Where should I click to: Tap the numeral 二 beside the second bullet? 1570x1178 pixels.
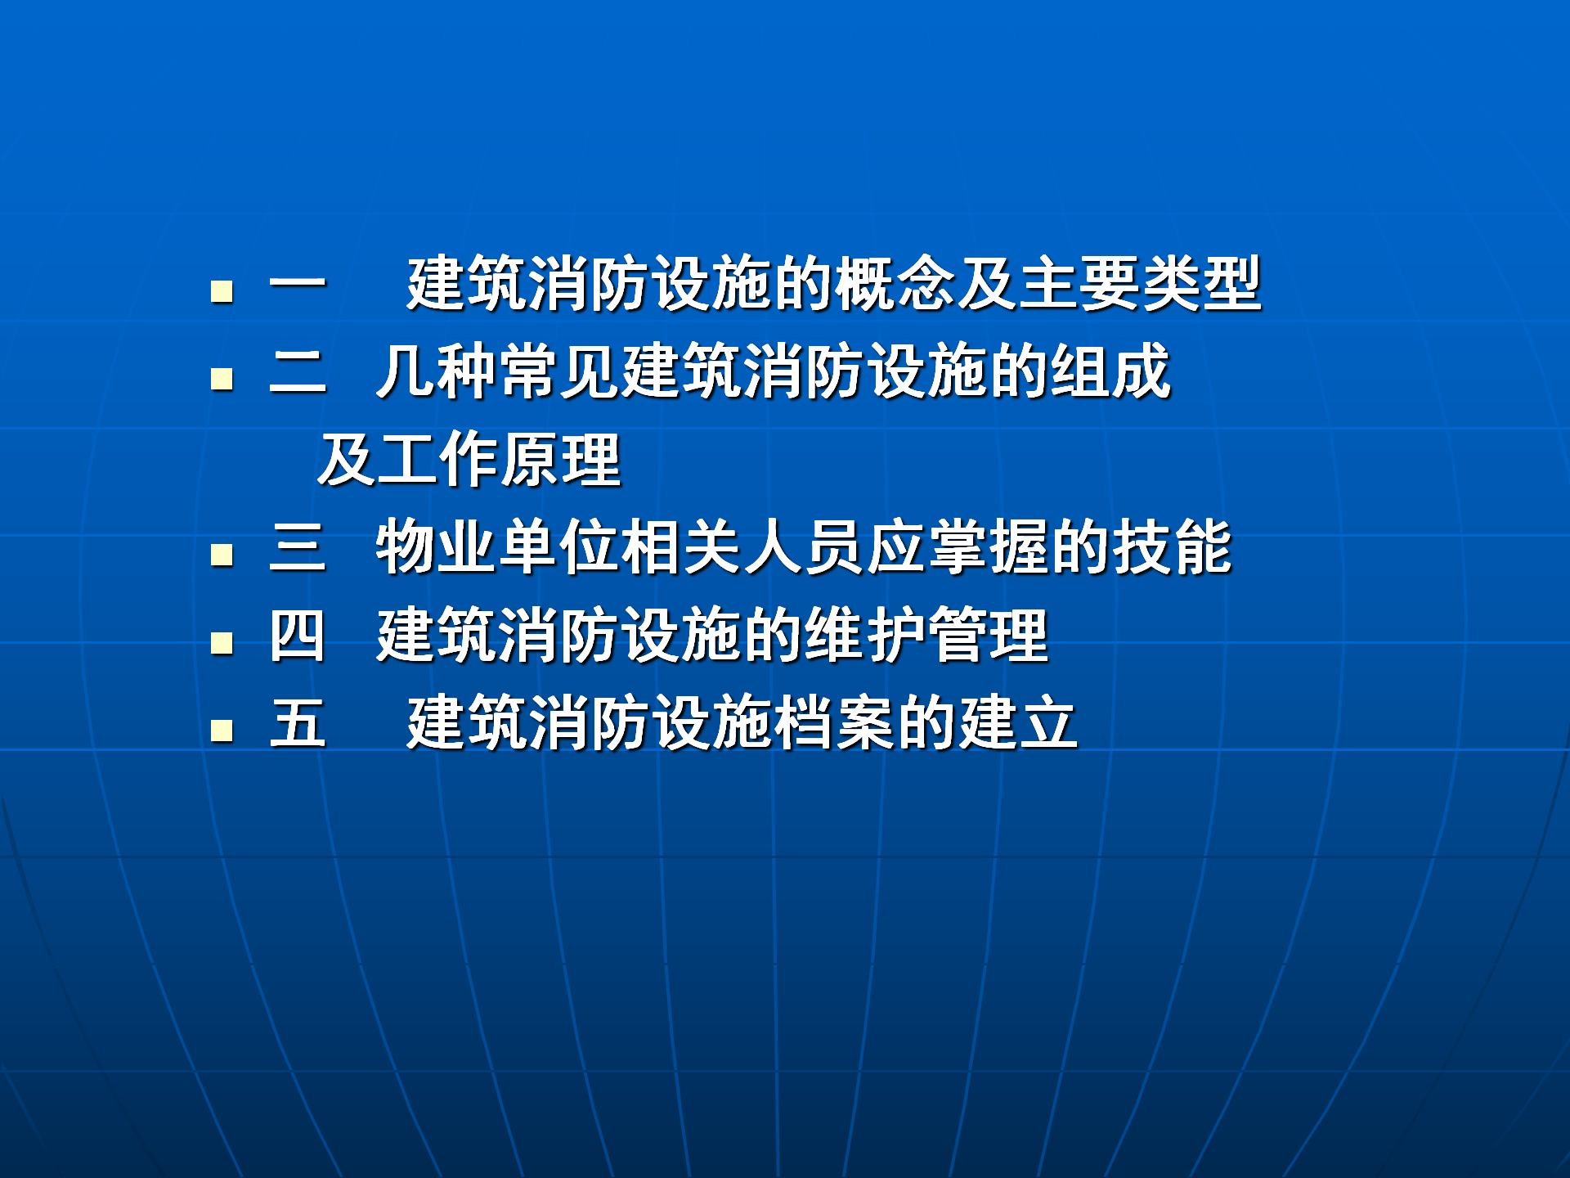pos(298,372)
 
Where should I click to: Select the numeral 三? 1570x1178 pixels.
pos(298,547)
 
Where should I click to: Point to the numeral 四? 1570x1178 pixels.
pos(298,636)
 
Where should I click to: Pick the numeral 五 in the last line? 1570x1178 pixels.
pos(298,723)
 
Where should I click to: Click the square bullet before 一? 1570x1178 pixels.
pos(222,291)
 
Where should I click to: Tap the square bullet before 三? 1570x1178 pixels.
pos(222,555)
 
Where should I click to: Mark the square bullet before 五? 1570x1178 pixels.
pos(222,730)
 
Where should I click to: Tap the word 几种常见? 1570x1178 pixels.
pos(498,372)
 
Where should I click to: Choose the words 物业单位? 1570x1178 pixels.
pos(498,547)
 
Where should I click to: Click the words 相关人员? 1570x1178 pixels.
pos(743,547)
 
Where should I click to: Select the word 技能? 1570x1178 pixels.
pos(1172,547)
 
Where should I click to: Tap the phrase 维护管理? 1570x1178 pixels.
pos(927,636)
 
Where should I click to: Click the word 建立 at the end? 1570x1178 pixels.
pos(1018,723)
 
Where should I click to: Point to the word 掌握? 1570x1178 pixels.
pos(989,547)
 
